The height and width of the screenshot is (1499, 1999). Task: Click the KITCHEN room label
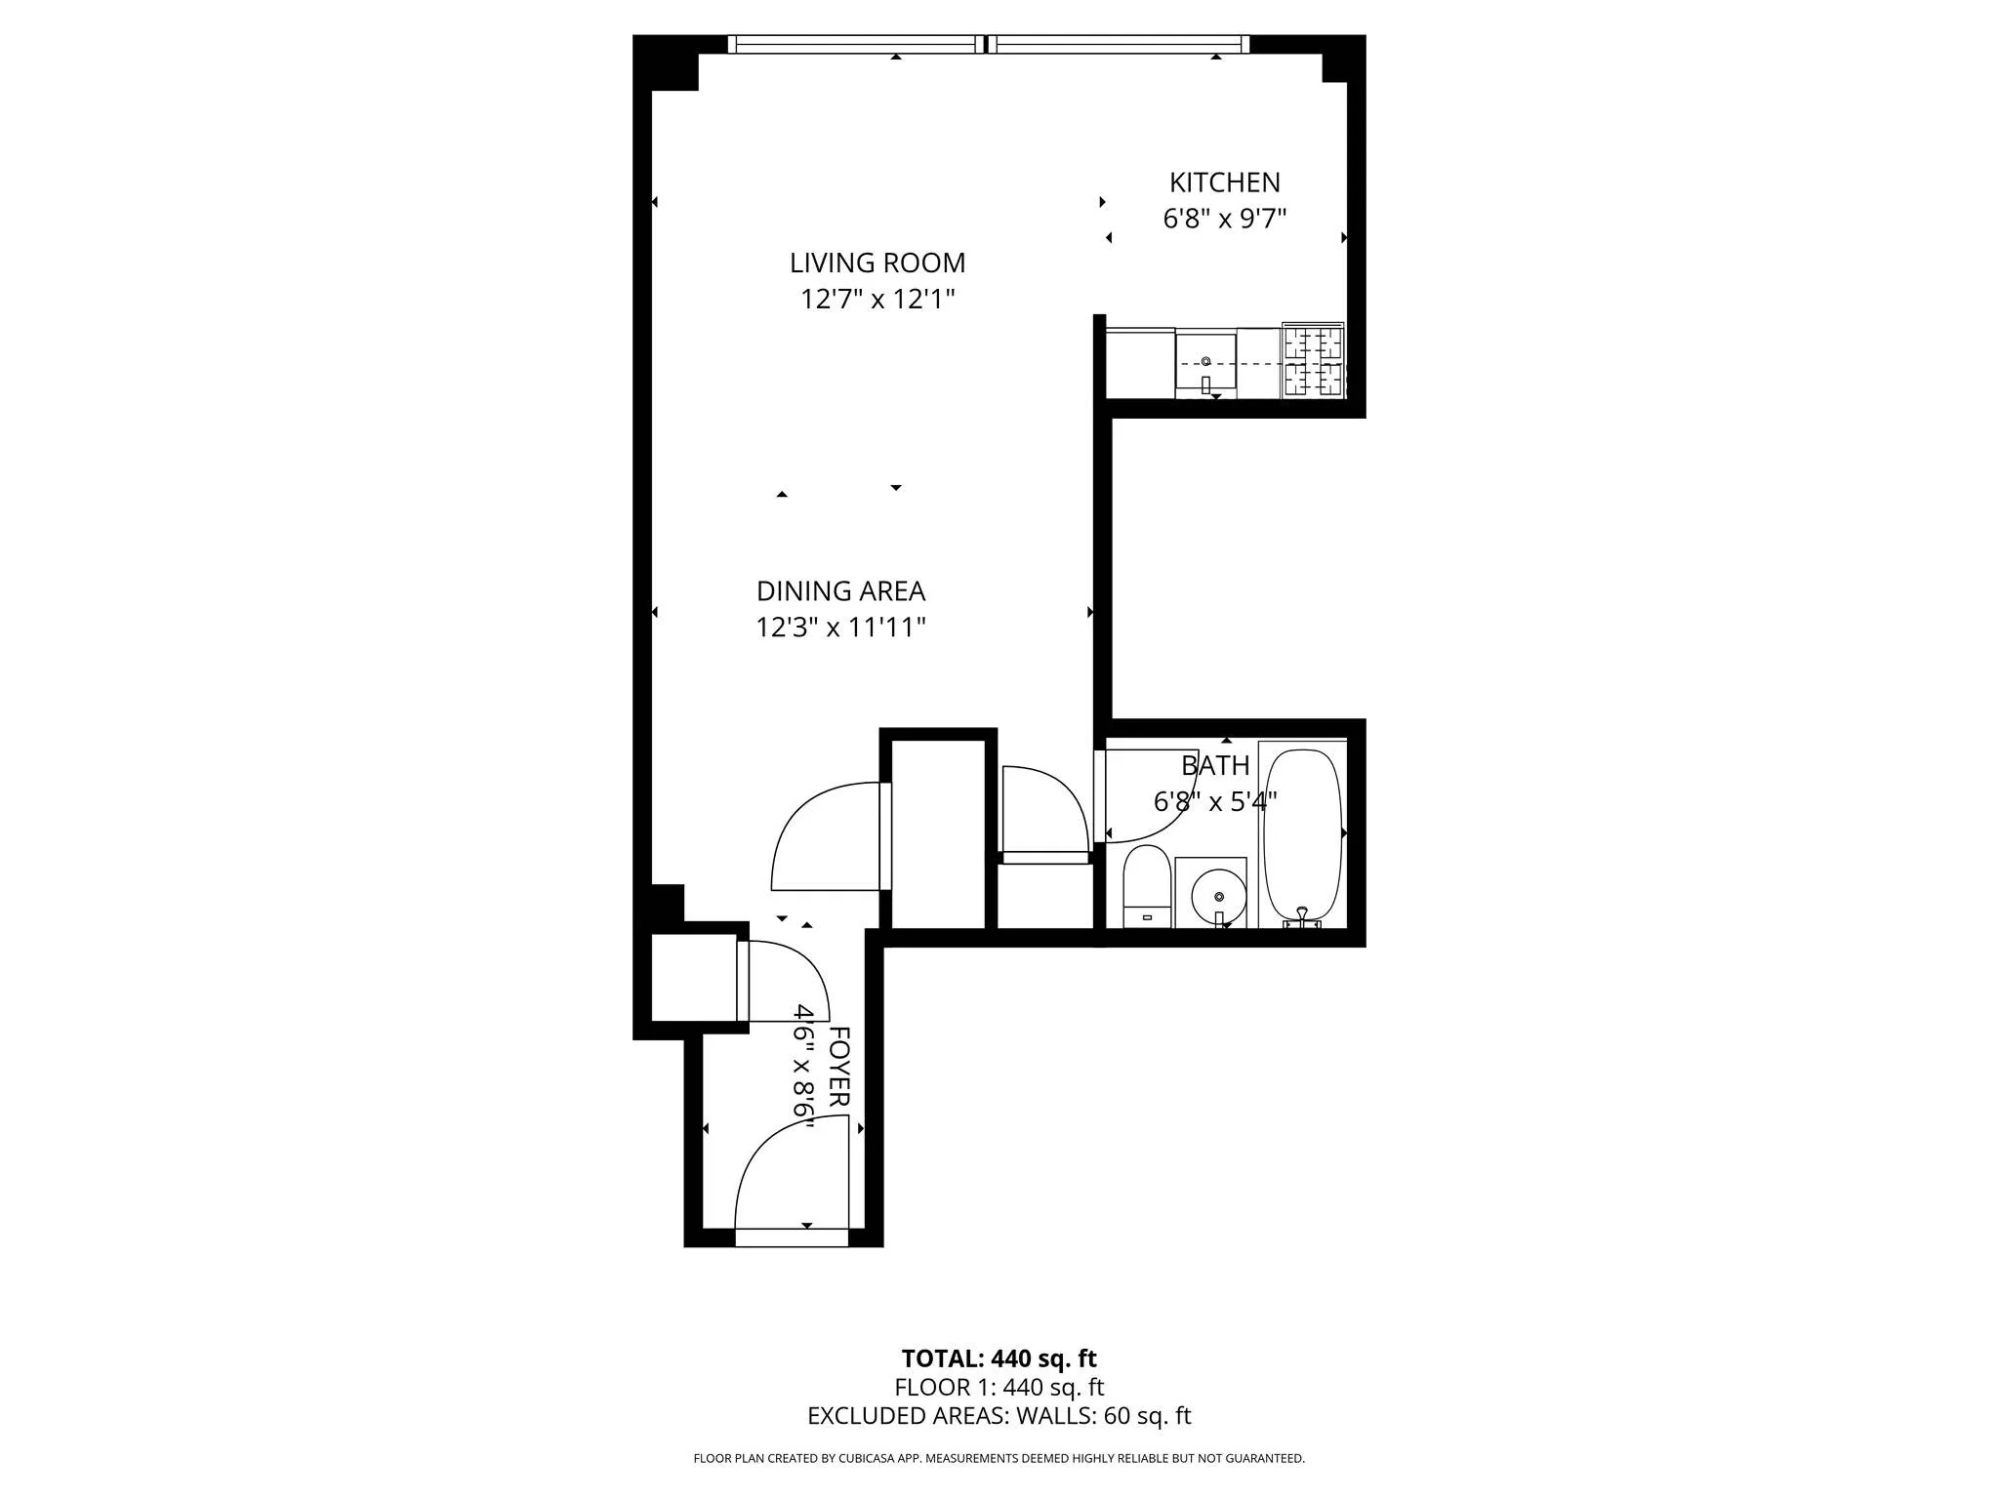pos(1224,182)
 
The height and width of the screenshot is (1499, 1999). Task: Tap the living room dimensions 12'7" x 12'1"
pos(877,299)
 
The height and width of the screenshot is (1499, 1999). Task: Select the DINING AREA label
pos(840,591)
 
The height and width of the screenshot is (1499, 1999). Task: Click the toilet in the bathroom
pos(1146,886)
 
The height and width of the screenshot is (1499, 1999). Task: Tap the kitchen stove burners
pos(1313,360)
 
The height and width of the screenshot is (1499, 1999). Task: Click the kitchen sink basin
pos(1205,362)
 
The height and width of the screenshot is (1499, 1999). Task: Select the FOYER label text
pos(838,1067)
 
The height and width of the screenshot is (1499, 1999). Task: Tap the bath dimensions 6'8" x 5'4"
pos(1214,802)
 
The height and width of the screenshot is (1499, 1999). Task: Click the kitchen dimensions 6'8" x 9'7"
pos(1224,219)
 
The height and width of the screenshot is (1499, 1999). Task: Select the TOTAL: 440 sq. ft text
pos(999,1358)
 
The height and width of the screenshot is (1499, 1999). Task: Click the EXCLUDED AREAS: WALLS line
pos(999,1416)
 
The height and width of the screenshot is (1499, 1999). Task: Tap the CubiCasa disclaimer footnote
pos(999,1459)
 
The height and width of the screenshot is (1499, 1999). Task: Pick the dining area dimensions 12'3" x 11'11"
pos(840,627)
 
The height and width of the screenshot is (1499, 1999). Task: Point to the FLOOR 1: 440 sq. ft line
pos(999,1387)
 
